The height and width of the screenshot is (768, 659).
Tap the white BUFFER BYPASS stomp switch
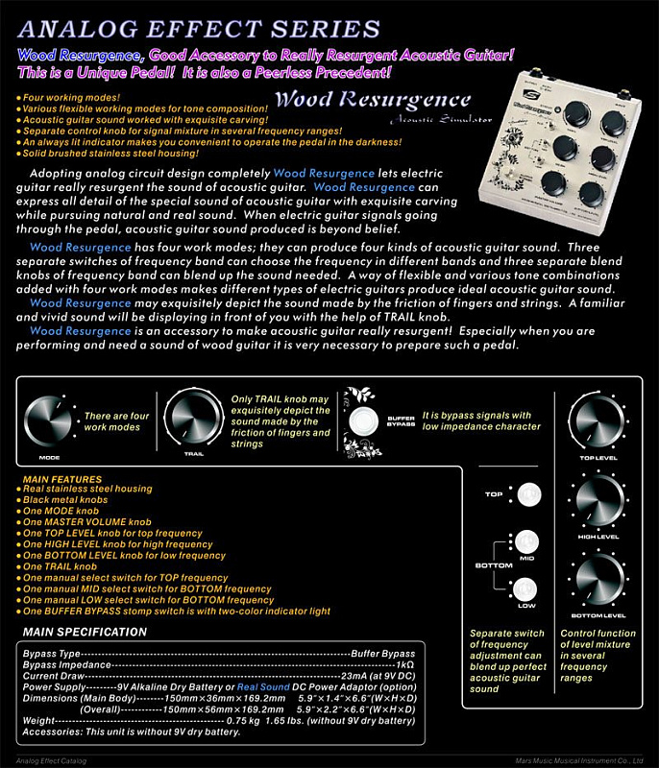click(364, 422)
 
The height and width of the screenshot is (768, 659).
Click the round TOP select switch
click(526, 495)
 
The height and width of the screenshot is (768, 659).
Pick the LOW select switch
click(526, 588)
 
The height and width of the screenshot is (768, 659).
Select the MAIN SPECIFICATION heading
click(85, 632)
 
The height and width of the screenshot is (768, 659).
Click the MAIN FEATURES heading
click(62, 479)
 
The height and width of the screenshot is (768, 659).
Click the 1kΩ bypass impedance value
click(403, 664)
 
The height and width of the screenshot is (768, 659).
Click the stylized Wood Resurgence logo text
click(373, 100)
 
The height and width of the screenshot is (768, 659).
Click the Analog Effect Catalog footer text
click(45, 760)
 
